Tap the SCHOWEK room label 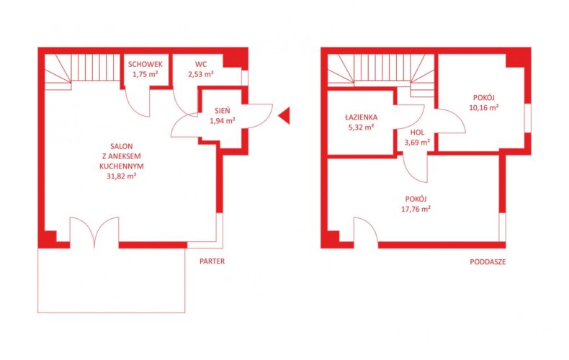145,65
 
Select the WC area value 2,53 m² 201,74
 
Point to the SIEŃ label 222,111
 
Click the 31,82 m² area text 122,176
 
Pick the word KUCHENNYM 122,166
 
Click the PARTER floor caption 212,261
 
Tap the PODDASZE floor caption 488,261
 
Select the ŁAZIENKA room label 361,117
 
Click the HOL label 417,132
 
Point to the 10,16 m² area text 484,107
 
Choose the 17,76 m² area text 416,209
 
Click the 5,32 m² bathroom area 361,127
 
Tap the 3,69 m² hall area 417,143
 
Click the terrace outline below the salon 112,312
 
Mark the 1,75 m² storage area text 145,75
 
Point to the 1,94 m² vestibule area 223,121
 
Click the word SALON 122,147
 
